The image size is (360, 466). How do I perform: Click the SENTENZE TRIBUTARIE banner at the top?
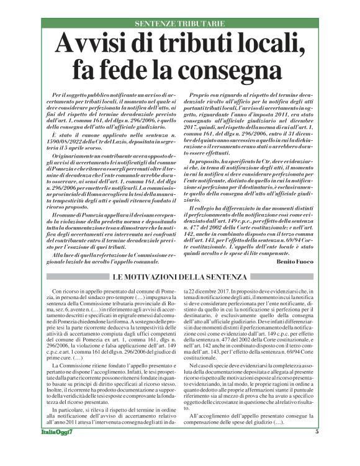179,24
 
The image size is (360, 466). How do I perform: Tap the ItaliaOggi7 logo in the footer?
55,449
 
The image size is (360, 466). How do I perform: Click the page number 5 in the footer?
317,449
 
